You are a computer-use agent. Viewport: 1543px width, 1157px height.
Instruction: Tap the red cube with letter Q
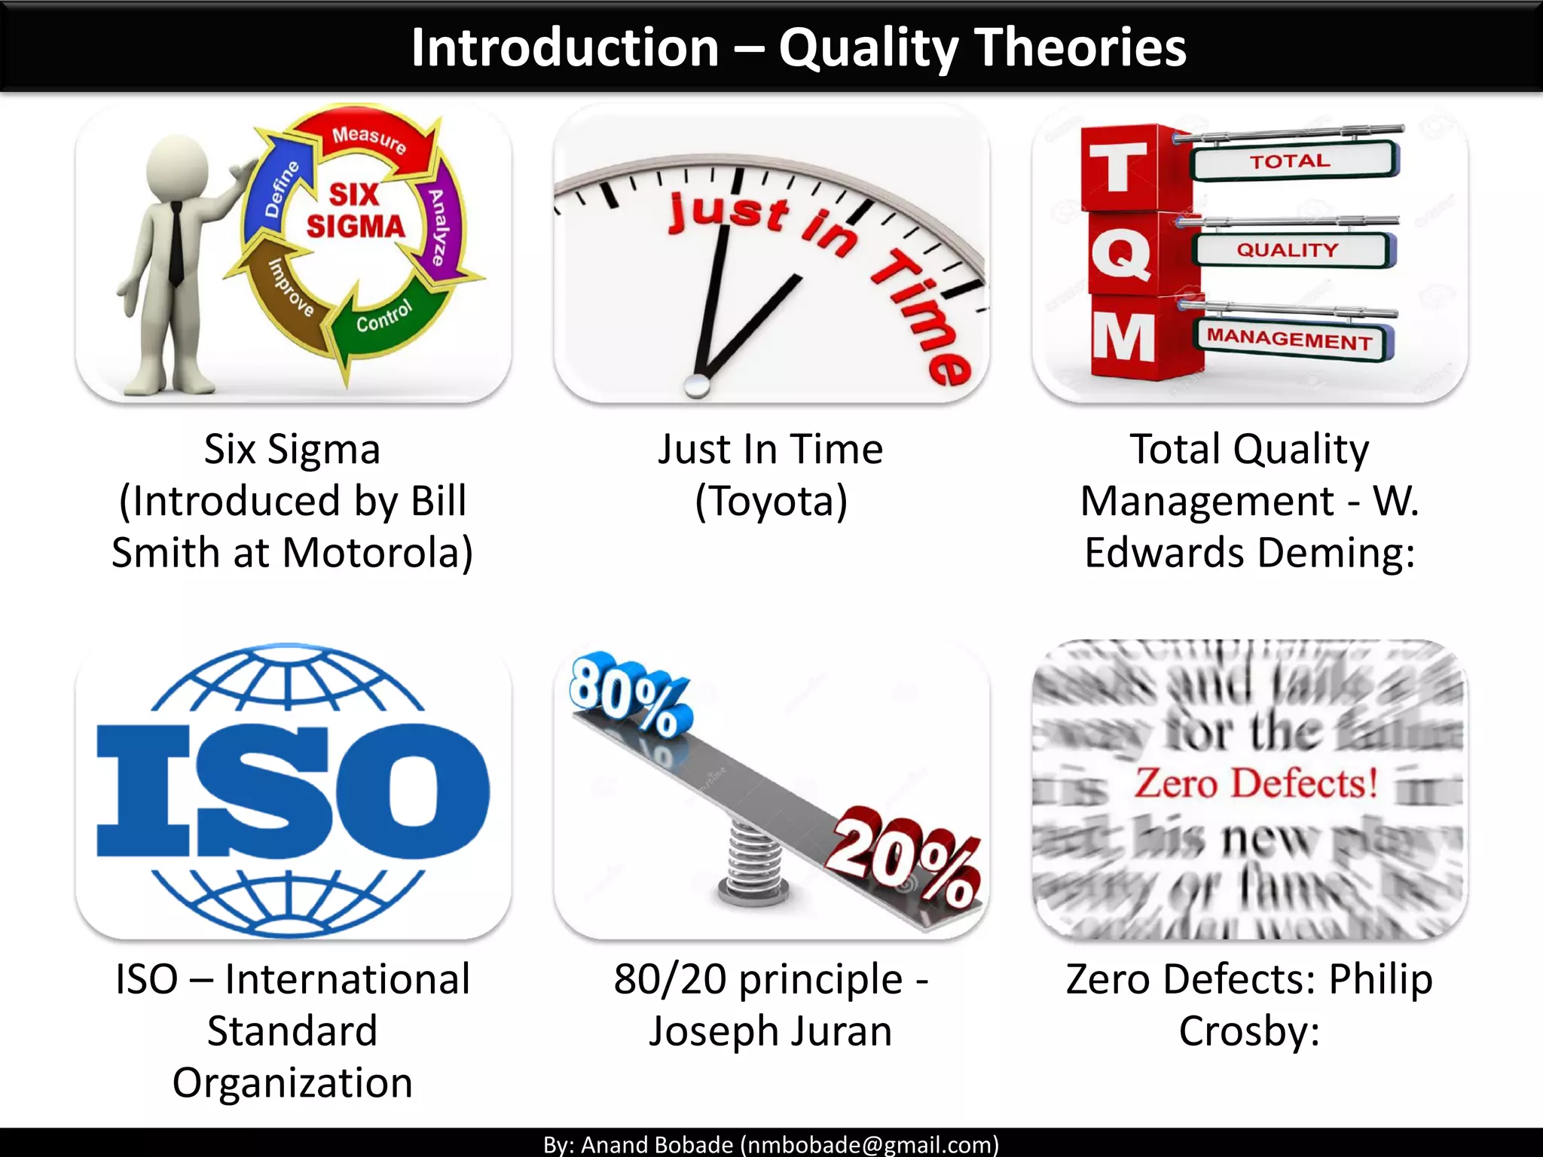point(1122,254)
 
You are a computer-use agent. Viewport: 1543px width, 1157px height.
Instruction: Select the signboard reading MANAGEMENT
point(1290,340)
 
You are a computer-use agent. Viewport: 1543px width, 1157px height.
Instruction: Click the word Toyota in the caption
point(771,502)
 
